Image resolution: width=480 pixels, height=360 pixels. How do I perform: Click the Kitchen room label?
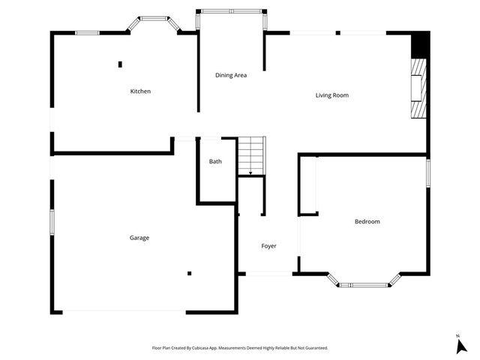pos(140,91)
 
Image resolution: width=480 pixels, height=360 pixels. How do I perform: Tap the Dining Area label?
pos(231,75)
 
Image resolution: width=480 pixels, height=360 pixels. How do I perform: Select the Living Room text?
pos(331,95)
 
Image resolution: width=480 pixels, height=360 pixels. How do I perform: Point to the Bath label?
pos(215,161)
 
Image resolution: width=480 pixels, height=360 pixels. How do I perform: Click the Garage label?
pos(139,238)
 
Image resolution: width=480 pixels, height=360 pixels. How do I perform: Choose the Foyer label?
pos(268,246)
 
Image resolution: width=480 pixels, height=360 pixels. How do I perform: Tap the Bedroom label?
pos(367,221)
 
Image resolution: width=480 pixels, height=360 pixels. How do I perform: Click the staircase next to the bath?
pos(252,156)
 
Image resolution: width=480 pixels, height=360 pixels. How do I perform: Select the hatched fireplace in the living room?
pos(417,88)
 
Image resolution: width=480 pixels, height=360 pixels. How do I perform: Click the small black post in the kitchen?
pos(120,64)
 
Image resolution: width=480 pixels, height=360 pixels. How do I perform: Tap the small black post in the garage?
pos(190,273)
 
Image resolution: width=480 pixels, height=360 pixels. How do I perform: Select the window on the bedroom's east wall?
pos(428,172)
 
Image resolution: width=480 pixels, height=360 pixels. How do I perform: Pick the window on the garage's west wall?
pos(52,222)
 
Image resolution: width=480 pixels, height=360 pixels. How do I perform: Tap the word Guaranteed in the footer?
pos(313,348)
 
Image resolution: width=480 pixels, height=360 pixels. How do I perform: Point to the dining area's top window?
pos(230,11)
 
